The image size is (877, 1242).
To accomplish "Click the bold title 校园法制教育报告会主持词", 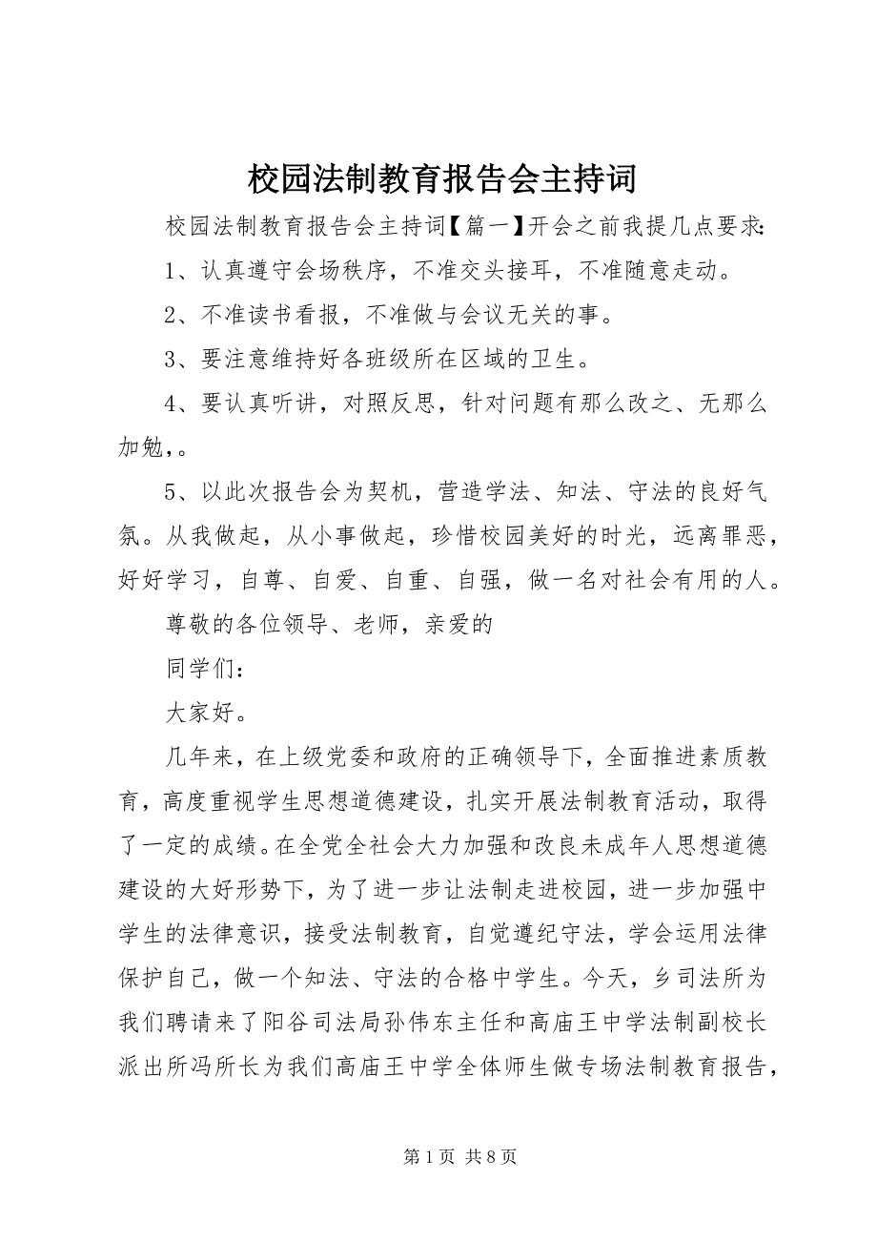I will click(x=438, y=177).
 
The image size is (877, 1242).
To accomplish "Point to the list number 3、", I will click(x=181, y=360).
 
